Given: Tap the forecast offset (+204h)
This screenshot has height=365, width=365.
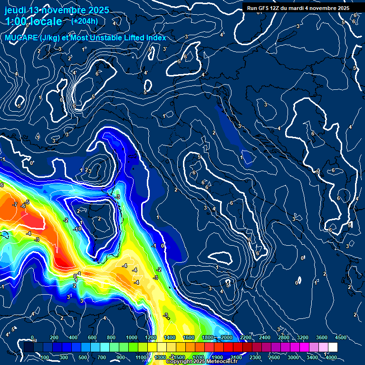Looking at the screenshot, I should click(x=85, y=21).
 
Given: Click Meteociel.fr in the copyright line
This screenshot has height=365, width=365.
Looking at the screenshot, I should click(x=220, y=362).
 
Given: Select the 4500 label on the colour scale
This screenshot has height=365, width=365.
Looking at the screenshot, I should click(x=340, y=337).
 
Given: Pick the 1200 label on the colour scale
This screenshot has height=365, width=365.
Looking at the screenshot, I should click(x=151, y=337).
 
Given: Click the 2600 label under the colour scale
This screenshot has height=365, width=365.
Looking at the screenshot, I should click(x=274, y=357).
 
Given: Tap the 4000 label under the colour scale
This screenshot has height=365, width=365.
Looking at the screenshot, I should click(x=331, y=357).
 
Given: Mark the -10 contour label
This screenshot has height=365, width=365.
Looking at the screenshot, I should click(x=78, y=229).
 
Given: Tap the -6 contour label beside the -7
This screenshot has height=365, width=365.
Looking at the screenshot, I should click(x=22, y=206).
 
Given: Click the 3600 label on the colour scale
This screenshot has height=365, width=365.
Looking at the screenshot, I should click(x=322, y=337).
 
